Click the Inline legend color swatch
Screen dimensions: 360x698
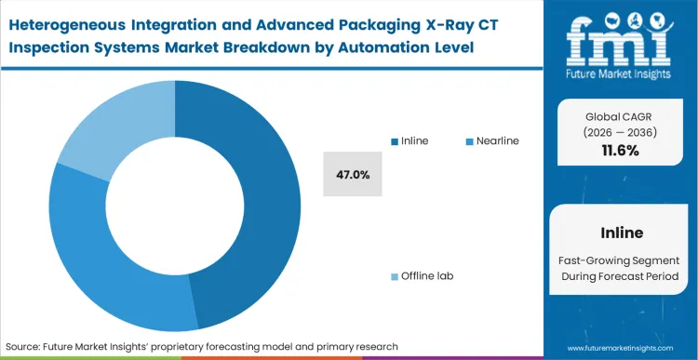[395, 140]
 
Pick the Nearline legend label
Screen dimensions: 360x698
[497, 140]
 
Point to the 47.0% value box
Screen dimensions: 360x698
[353, 174]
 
